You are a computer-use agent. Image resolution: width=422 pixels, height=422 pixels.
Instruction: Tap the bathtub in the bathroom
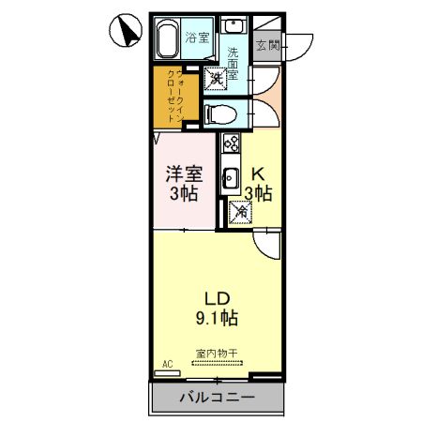pos(167,41)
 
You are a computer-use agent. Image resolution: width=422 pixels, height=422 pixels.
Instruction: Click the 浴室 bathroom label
pos(196,38)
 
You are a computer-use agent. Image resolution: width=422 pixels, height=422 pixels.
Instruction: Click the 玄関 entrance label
pos(267,42)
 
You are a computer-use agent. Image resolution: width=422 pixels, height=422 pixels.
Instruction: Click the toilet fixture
pos(216,113)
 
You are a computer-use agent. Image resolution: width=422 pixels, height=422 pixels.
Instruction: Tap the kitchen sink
pos(230,177)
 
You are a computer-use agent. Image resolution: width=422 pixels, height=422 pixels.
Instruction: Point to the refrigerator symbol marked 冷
pos(239,213)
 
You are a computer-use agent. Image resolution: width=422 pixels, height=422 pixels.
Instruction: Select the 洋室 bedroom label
pos(185,174)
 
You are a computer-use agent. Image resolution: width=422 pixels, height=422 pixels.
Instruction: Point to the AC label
pos(168,364)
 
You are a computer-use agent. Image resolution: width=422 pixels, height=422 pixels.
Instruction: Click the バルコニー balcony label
pos(217,398)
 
